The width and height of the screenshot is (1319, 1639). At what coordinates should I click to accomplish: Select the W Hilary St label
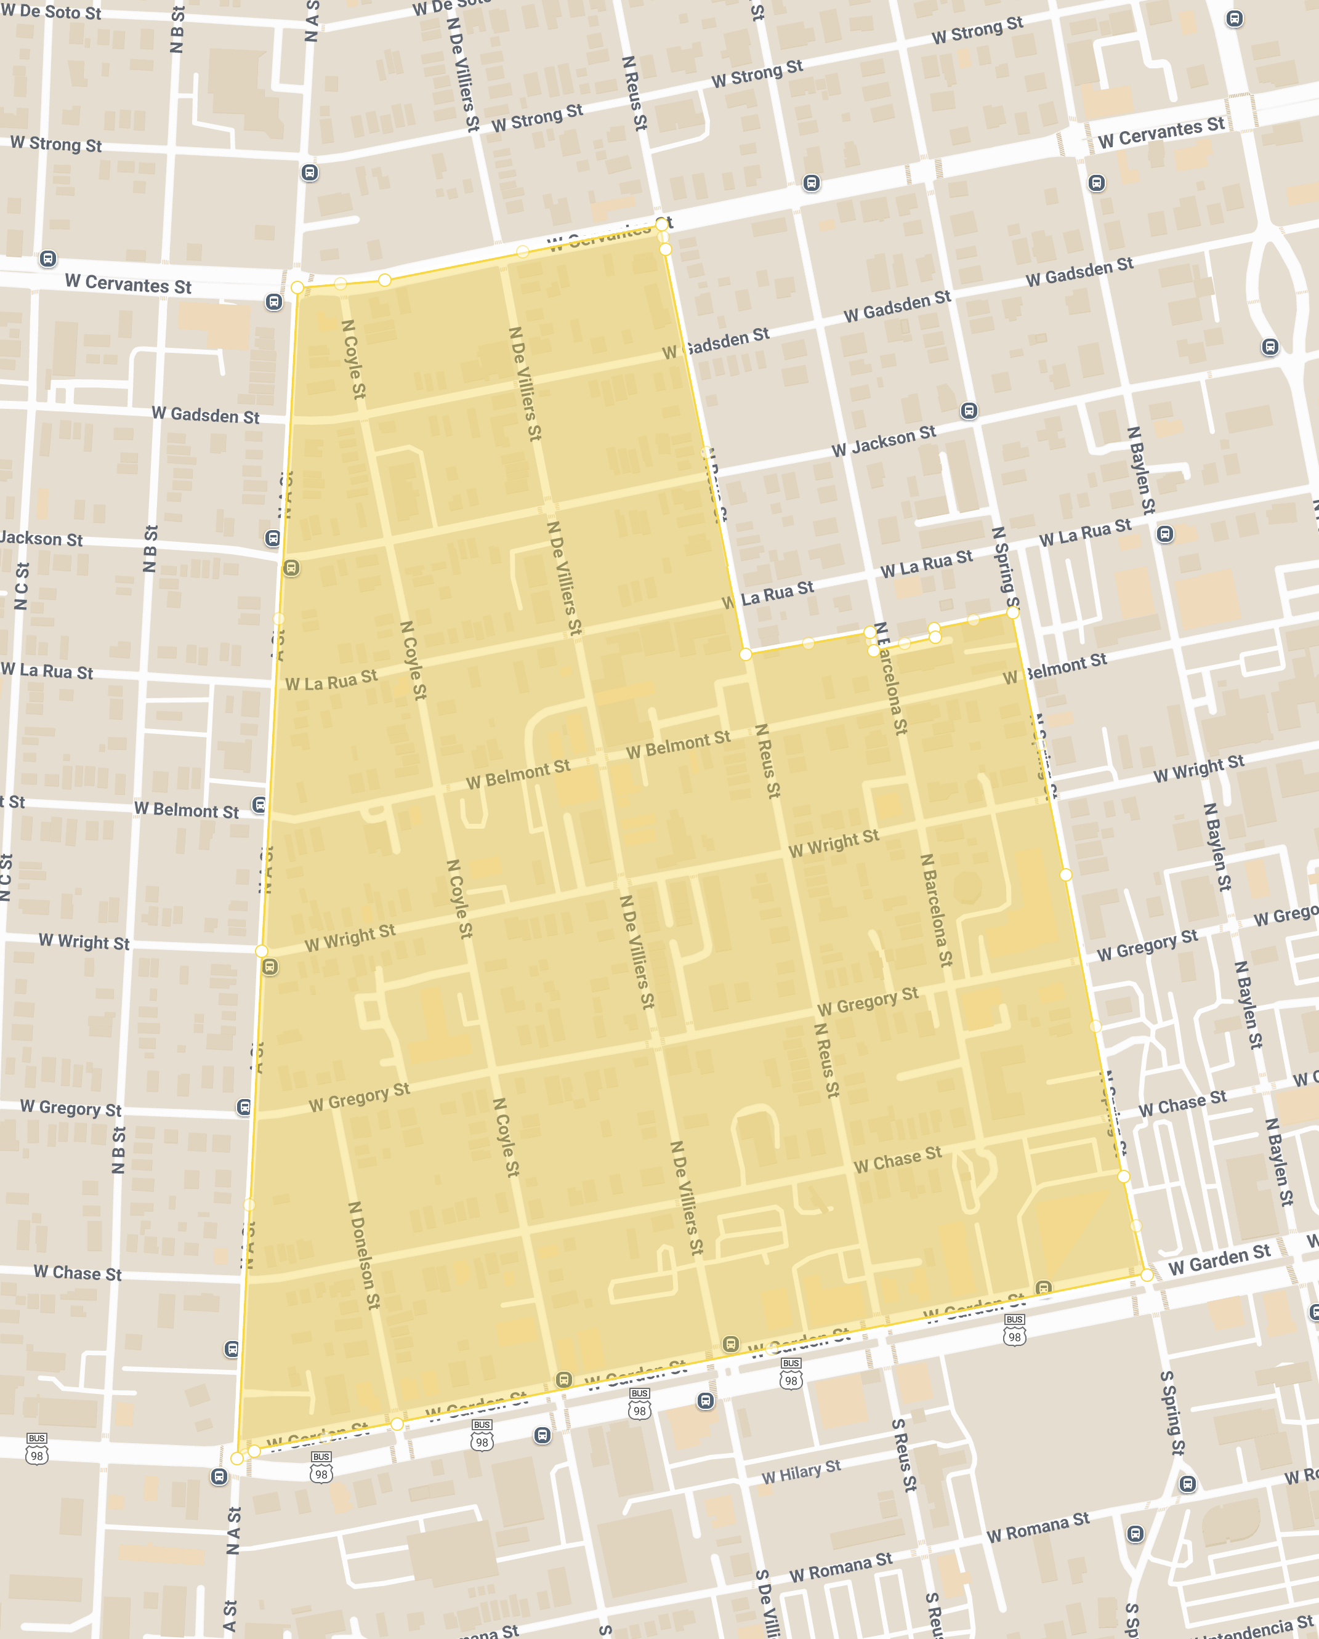pos(801,1472)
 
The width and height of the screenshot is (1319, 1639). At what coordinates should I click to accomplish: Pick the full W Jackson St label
pos(884,441)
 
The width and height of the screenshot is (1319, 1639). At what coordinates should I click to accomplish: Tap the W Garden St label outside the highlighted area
pos(1219,1260)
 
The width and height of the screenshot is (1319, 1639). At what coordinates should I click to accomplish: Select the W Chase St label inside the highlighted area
pos(897,1160)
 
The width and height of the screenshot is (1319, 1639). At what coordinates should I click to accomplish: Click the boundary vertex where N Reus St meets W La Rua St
pos(746,654)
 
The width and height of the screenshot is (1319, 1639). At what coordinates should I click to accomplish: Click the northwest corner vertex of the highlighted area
pos(297,288)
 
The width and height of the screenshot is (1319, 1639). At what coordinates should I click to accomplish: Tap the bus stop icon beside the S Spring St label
pos(1187,1484)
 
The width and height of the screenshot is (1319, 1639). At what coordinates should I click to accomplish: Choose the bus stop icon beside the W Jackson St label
pos(969,411)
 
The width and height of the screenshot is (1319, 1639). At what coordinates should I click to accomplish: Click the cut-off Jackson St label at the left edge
pos(41,539)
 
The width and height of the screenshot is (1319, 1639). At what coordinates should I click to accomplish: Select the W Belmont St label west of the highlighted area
pos(186,810)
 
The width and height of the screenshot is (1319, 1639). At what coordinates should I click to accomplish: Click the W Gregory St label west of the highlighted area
pos(71,1108)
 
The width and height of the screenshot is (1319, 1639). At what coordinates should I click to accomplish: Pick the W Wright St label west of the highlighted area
pos(84,942)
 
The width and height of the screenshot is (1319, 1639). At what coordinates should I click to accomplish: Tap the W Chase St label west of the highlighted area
pos(78,1273)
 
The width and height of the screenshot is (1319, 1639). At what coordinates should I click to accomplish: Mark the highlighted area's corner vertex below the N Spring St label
pos(1012,613)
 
